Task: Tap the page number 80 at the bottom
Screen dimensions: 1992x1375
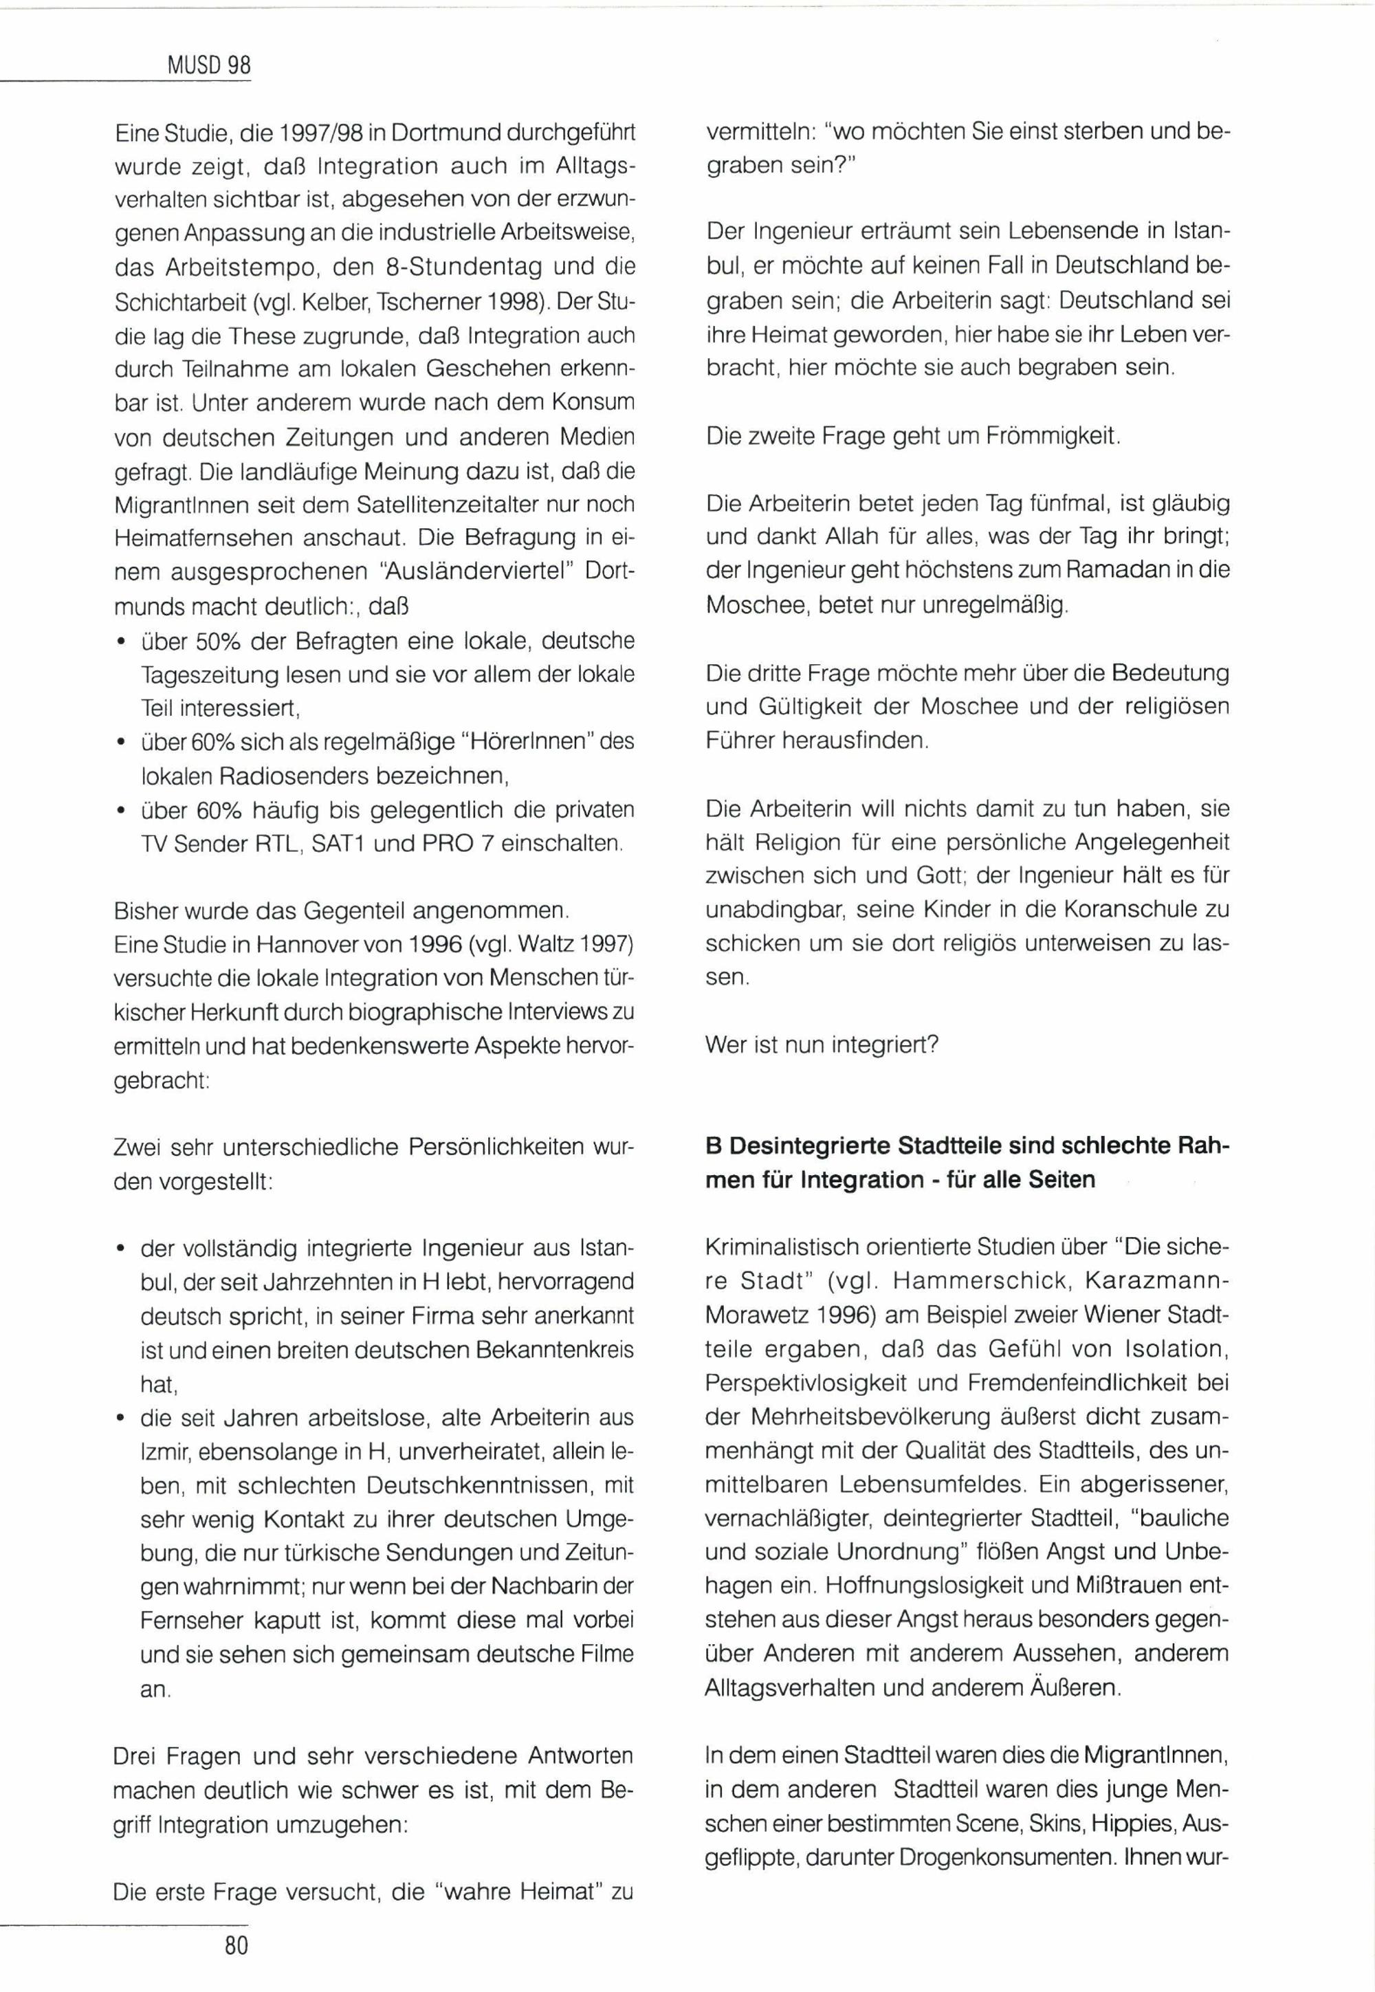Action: pyautogui.click(x=236, y=1945)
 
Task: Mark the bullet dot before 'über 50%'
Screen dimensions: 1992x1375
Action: pyautogui.click(x=122, y=642)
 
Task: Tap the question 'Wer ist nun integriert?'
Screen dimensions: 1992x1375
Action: pyautogui.click(x=821, y=1045)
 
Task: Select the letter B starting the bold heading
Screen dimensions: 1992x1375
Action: pyautogui.click(x=712, y=1147)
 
